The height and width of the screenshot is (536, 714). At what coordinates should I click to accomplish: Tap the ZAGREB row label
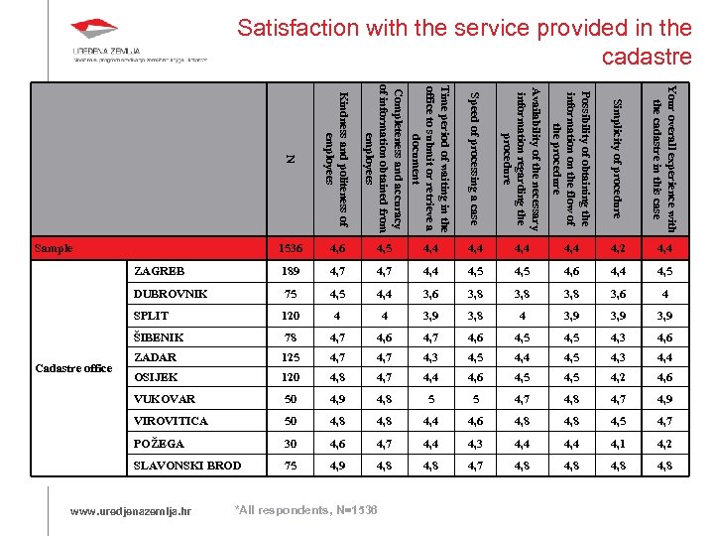(x=160, y=271)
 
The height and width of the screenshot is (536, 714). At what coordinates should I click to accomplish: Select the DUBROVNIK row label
(x=172, y=294)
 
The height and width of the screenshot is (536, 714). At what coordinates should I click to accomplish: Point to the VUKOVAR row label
(x=164, y=398)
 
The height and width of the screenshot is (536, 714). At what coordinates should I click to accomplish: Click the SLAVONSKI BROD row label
(x=186, y=466)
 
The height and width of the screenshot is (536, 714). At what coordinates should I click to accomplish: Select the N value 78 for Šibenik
(x=291, y=337)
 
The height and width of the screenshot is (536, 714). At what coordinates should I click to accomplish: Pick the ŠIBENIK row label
(x=158, y=337)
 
